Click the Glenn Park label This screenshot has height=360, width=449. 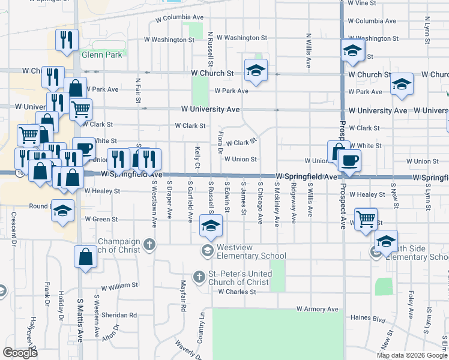pos(102,55)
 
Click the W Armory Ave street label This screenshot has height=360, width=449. pos(317,309)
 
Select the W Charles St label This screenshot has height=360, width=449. pos(237,292)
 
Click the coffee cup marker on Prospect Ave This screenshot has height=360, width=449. pos(349,160)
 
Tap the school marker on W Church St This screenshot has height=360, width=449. pos(256,71)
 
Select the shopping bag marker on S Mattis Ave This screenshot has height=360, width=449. pos(86,256)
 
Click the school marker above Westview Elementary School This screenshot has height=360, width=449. pos(211,226)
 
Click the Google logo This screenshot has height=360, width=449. pos(20,352)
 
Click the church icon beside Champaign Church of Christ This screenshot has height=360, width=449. pos(149,244)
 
